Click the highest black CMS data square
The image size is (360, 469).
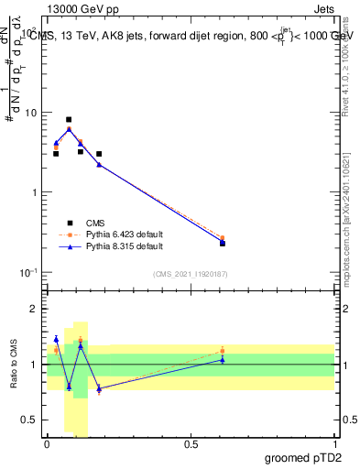(x=69, y=119)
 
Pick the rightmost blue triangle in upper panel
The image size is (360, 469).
(x=223, y=242)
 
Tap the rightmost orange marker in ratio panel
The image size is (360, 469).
(x=223, y=350)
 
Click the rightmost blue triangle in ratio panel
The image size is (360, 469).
(x=223, y=359)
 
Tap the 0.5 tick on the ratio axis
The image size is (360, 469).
(x=33, y=420)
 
